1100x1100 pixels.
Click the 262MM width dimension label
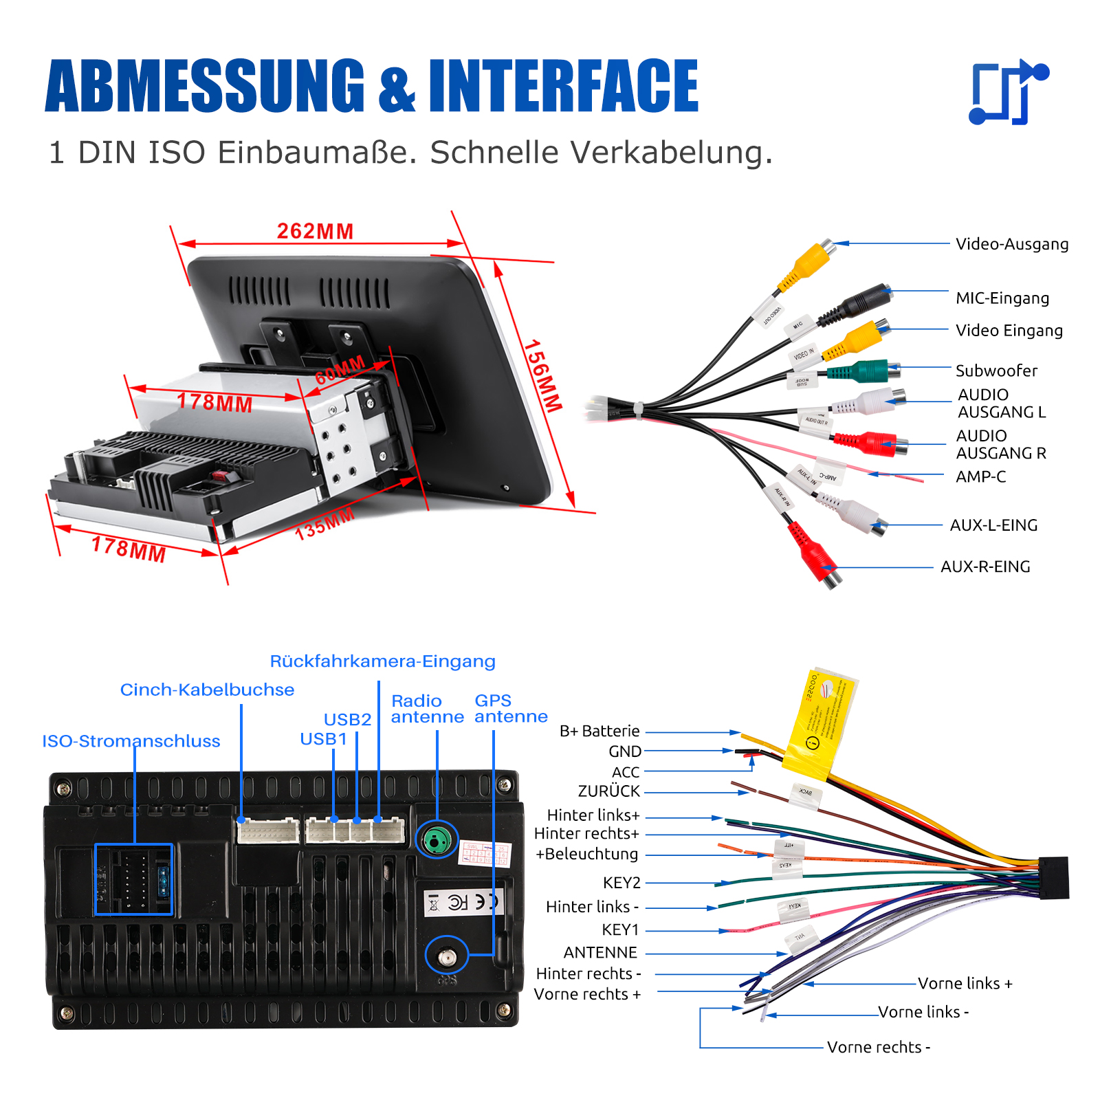click(x=315, y=231)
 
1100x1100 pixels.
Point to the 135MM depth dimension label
click(x=324, y=524)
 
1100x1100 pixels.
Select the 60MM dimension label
click(x=340, y=371)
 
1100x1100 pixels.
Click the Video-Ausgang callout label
click(x=1012, y=244)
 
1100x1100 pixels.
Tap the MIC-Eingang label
click(x=1002, y=298)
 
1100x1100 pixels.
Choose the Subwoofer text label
click(x=996, y=371)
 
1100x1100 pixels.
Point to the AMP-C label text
click(x=980, y=477)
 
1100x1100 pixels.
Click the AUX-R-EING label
click(x=985, y=567)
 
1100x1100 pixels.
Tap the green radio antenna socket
click(x=437, y=839)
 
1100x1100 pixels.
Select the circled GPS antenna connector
click(x=447, y=956)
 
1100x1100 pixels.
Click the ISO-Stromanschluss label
click(x=131, y=741)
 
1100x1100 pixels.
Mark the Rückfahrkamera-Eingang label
click(x=382, y=661)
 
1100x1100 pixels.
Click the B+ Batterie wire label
click(x=599, y=731)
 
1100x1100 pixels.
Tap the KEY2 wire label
click(x=621, y=883)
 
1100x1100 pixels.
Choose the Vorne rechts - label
click(x=879, y=1048)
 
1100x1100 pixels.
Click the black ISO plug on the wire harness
click(x=1053, y=878)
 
